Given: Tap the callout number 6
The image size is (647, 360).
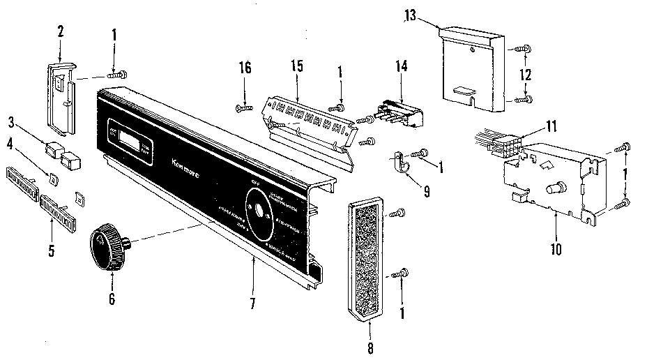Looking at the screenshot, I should (x=112, y=300).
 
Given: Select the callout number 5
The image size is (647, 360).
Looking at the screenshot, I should (x=51, y=250).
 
